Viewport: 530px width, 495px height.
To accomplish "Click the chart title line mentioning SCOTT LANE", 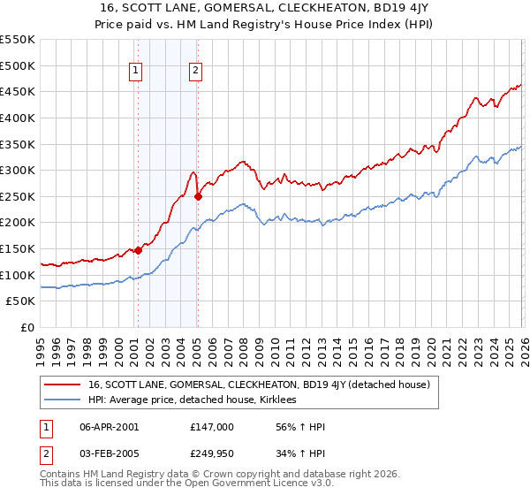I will (x=264, y=10).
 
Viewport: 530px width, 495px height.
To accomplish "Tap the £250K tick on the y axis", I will (x=18, y=196).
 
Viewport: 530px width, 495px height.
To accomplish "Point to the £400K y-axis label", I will (x=18, y=118).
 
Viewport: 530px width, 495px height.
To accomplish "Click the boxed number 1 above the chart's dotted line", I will (x=136, y=72).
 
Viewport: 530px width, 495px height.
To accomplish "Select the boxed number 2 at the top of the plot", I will (x=195, y=72).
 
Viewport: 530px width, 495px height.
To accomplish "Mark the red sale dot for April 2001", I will (x=138, y=251).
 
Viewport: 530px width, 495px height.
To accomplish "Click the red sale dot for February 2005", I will (x=198, y=197).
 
